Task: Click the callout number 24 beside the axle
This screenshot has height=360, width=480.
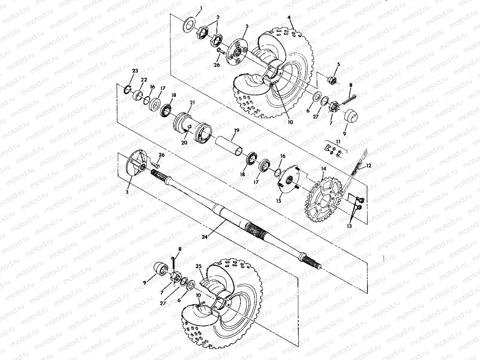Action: (204, 237)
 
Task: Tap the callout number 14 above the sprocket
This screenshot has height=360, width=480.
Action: (324, 169)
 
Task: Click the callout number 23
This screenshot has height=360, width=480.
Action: (135, 71)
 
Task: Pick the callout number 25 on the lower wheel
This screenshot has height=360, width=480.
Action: (199, 266)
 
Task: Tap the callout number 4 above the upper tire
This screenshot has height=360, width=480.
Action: (289, 18)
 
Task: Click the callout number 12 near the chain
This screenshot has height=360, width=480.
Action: (369, 166)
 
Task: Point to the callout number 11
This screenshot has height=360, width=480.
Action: (338, 142)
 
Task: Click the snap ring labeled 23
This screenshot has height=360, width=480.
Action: (127, 89)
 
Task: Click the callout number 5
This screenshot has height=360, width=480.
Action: (338, 64)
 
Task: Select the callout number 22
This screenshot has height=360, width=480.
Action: (144, 79)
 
